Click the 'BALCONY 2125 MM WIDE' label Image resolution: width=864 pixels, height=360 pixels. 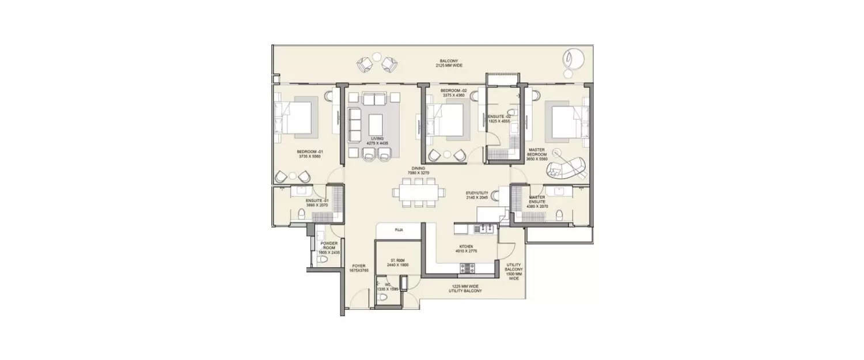click(x=449, y=63)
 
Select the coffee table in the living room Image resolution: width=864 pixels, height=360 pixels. click(x=376, y=124)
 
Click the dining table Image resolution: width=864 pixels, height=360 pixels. click(x=418, y=192)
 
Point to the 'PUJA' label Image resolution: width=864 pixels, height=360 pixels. click(x=399, y=230)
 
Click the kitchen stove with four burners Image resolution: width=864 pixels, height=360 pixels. click(x=467, y=268)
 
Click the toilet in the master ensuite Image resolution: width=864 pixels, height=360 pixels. click(x=558, y=215)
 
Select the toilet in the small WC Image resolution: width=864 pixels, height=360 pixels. click(x=384, y=297)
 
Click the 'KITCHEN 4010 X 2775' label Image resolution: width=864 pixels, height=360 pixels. click(x=466, y=248)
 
